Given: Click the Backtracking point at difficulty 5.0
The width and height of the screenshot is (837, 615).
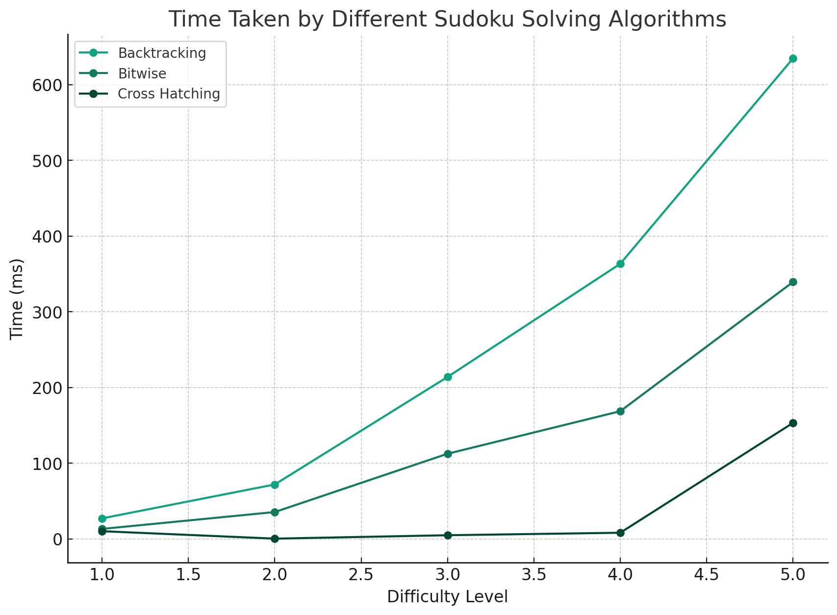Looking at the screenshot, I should coord(793,59).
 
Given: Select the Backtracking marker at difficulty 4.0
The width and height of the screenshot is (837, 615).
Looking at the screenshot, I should coord(620,264).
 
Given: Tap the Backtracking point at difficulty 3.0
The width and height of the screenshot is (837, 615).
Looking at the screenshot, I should coord(448,377).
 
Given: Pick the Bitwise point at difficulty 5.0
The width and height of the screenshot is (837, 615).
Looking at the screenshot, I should coord(793,282).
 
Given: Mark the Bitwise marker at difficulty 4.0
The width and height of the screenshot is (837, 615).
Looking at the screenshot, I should coord(620,411).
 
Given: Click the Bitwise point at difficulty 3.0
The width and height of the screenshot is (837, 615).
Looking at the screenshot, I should coord(448,454).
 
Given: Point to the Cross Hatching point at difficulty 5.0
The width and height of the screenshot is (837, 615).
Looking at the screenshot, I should coord(793,423).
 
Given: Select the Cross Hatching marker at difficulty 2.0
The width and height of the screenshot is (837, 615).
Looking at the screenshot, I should coord(275,539).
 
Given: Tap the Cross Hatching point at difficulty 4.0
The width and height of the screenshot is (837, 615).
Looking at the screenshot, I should coord(620,533).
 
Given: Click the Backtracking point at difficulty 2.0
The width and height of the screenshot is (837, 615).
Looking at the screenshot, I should coord(275,485).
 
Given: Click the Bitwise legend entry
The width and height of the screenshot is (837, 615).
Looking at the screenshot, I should coord(142,74).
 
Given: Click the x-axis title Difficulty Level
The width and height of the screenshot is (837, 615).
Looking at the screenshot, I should coord(447,597).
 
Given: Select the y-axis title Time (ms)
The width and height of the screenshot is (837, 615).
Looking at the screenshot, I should coord(17,298).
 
